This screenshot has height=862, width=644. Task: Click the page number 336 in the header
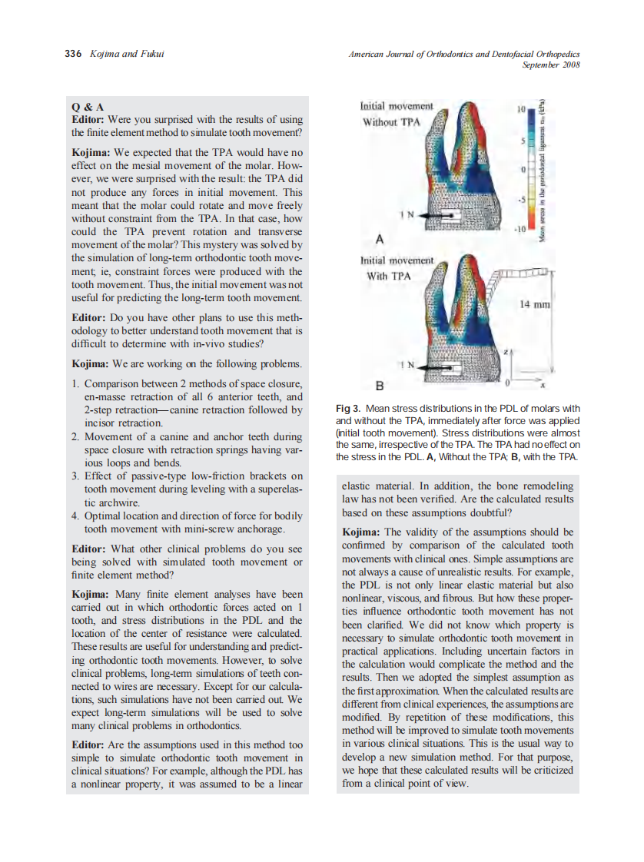[x=73, y=53]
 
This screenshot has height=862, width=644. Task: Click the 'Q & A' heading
[x=87, y=107]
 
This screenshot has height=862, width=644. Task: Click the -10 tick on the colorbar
[x=519, y=230]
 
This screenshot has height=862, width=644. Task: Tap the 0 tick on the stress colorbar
[x=522, y=169]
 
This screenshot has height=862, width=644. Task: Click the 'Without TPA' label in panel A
[x=391, y=122]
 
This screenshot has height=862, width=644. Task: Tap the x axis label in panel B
[x=542, y=386]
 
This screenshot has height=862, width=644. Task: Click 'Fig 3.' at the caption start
[x=349, y=408]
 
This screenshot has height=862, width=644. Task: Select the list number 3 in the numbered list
[x=75, y=476]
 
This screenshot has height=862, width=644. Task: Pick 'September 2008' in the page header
[x=550, y=65]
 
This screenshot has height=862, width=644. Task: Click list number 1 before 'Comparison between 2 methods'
[x=75, y=383]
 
